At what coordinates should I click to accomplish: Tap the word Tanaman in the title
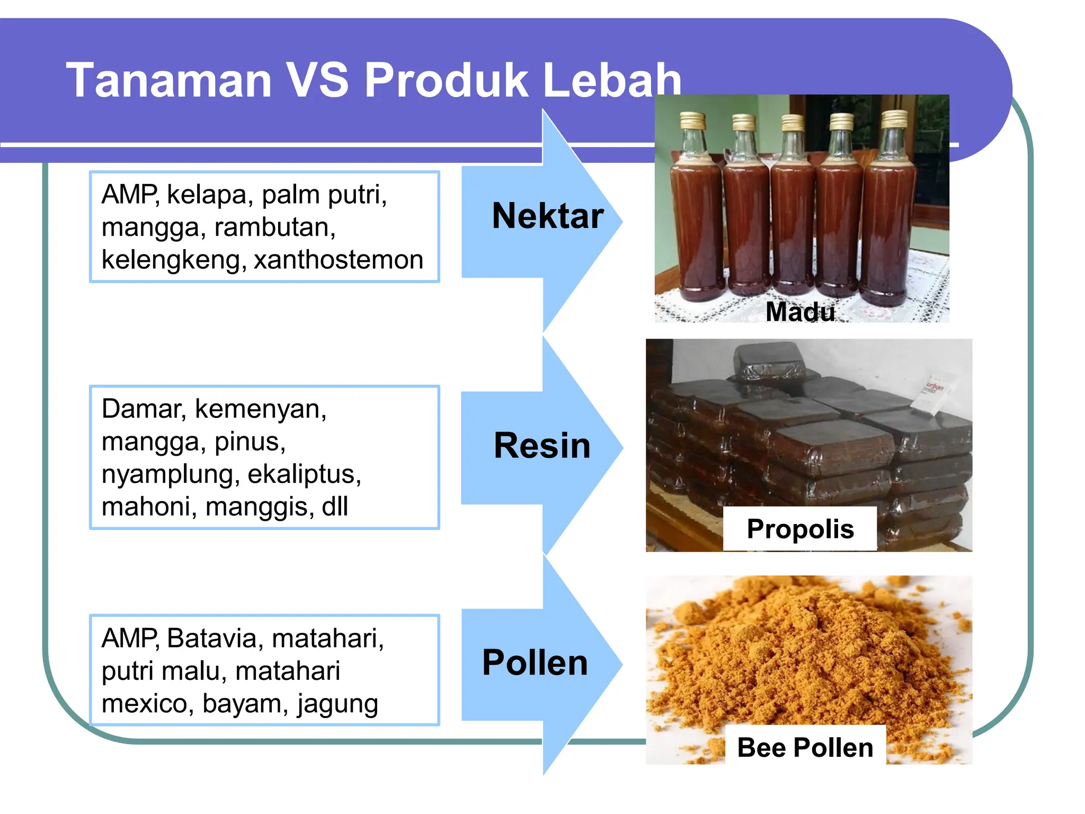(168, 81)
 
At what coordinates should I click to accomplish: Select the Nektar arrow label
(547, 216)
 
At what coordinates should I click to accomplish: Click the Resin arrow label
(542, 445)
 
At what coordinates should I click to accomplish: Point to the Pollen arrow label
(535, 662)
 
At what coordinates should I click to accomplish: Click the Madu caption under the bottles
(800, 312)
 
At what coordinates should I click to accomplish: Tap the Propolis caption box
(800, 529)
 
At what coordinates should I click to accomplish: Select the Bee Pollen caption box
(805, 747)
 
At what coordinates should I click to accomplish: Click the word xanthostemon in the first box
(339, 260)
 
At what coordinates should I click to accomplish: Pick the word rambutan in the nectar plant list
(274, 227)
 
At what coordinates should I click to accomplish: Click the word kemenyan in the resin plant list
(260, 409)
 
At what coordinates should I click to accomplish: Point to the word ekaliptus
(304, 474)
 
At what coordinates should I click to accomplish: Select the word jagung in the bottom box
(337, 704)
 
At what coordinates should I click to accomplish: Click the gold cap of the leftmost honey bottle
(692, 121)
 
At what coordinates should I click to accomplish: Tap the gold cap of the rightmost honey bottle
(894, 119)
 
